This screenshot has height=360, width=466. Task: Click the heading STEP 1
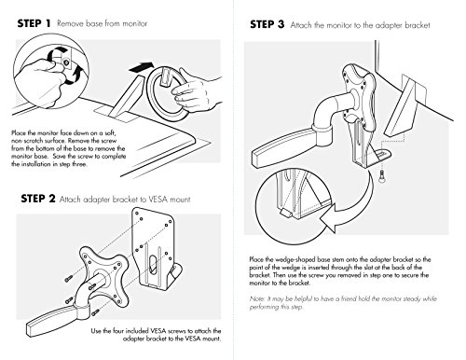coord(34,23)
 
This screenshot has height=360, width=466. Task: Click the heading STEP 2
coord(38,199)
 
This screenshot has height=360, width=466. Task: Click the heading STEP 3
coord(267,24)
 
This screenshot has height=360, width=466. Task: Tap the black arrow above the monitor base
coord(142,67)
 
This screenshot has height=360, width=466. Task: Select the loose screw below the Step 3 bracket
coord(381,177)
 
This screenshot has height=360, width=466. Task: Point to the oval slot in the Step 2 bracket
coord(153,265)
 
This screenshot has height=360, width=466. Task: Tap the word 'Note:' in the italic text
coord(257,298)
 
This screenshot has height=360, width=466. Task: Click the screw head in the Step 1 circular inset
coord(65,62)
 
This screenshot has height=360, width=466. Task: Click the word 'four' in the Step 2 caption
coord(118,331)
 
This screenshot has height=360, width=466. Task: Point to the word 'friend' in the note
coord(349,298)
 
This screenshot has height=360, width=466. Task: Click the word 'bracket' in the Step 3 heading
coord(418,25)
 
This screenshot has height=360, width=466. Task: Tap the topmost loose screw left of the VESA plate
coord(69,278)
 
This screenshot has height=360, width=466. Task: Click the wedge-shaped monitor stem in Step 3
coord(401,107)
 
